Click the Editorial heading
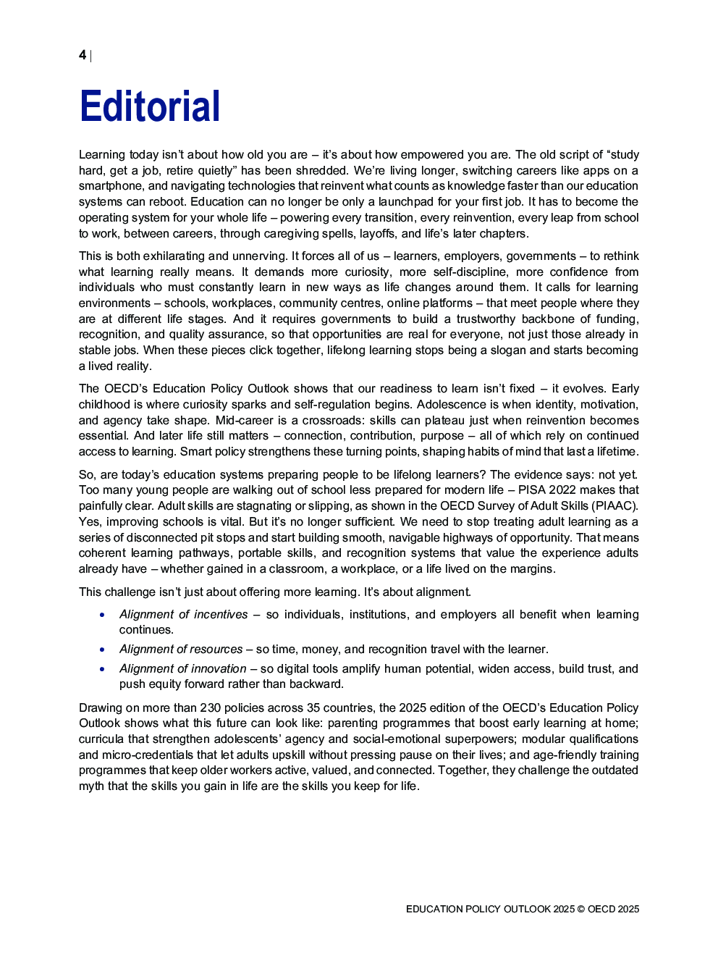click(x=150, y=107)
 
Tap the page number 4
click(x=83, y=55)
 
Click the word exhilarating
click(x=174, y=256)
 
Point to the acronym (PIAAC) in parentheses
click(x=614, y=506)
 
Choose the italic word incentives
click(x=221, y=615)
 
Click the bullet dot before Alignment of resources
click(x=103, y=650)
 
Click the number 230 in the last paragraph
click(x=211, y=708)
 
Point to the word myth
click(x=92, y=786)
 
